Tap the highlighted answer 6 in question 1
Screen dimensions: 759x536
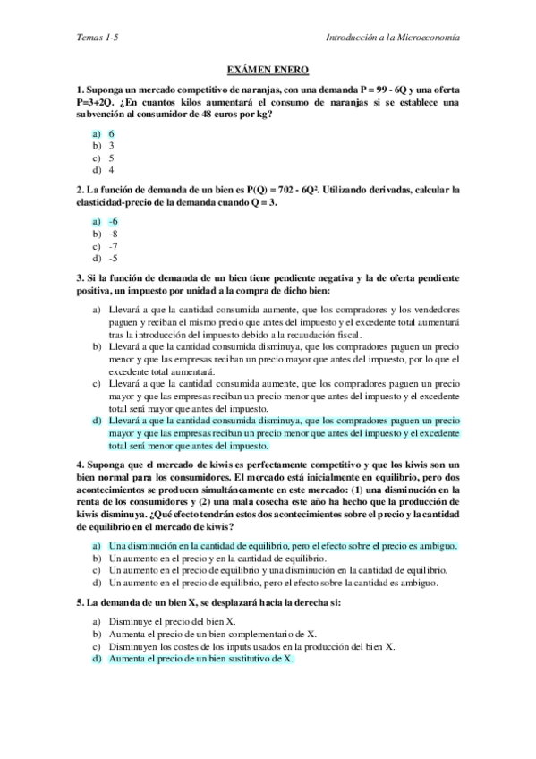pyautogui.click(x=111, y=133)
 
